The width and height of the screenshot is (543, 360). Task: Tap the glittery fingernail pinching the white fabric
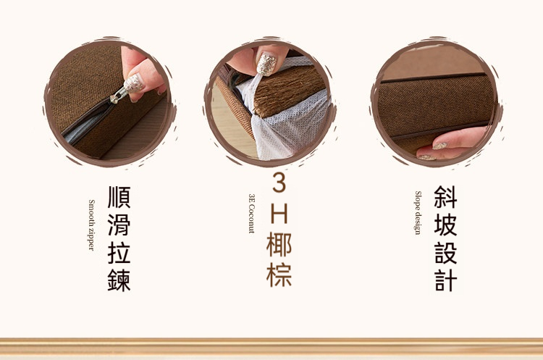tap(266, 64)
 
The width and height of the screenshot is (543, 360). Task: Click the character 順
tap(119, 197)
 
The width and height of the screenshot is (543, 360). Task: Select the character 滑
tap(119, 225)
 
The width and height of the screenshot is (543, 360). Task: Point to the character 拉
tap(119, 253)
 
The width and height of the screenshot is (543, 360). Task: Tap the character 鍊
tap(119, 280)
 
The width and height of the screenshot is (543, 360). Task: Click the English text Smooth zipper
tap(91, 225)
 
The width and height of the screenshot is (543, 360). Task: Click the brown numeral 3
tap(279, 183)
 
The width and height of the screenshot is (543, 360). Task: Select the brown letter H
tap(279, 214)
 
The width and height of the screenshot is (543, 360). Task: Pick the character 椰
tap(279, 245)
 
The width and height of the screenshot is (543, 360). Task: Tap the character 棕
tap(279, 275)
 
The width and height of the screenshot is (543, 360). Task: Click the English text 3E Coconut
tap(251, 214)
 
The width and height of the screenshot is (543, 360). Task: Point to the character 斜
tap(446, 196)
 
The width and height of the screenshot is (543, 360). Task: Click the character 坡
tap(446, 225)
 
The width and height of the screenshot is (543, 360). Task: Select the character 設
tap(446, 252)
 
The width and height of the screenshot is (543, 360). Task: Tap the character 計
tap(446, 280)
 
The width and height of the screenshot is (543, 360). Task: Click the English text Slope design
tap(418, 213)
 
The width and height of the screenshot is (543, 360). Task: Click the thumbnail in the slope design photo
tap(439, 146)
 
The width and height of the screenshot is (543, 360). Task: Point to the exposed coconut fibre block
tap(288, 90)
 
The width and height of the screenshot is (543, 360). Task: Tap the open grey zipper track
tap(85, 123)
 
